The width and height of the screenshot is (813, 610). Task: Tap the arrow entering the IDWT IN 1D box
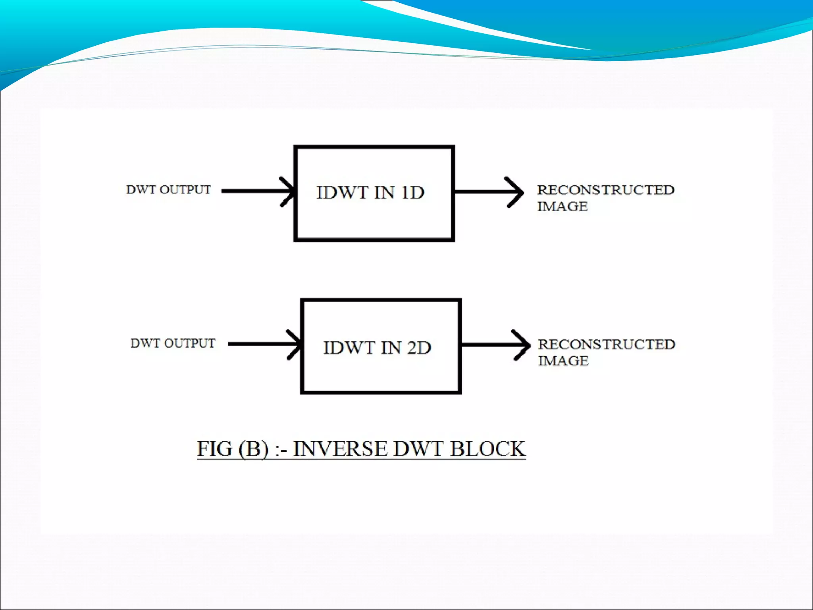(258, 191)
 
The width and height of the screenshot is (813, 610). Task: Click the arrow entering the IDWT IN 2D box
(265, 344)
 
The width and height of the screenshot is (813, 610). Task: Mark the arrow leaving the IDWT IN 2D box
(496, 345)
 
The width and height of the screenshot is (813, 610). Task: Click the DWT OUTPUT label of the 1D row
(168, 190)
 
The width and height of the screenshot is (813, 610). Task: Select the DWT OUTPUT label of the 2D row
(173, 343)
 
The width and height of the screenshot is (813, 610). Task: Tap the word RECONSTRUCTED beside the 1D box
(605, 190)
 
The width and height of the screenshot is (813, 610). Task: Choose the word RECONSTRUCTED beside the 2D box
(606, 344)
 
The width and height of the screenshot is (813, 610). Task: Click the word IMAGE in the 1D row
(562, 207)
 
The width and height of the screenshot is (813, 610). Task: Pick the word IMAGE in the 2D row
(563, 361)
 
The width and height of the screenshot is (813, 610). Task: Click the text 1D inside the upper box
(412, 193)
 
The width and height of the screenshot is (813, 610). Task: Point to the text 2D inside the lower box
(419, 347)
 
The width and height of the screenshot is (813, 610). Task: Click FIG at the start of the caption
(214, 449)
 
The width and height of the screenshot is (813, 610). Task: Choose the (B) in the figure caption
(253, 449)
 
